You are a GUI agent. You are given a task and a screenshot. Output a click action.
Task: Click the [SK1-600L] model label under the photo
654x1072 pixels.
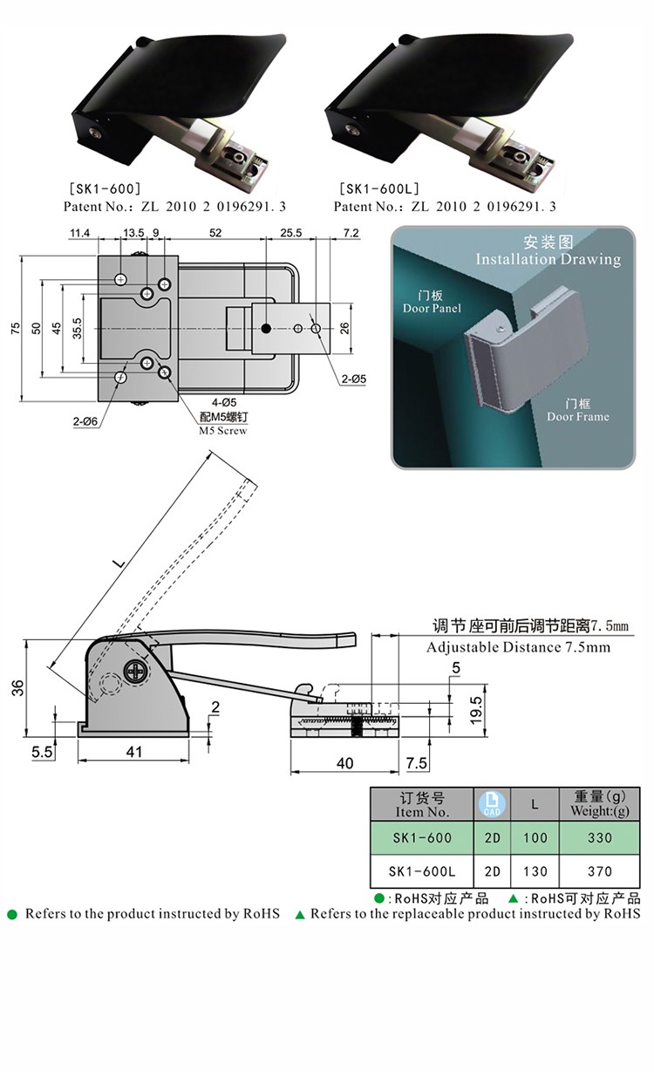coord(378,188)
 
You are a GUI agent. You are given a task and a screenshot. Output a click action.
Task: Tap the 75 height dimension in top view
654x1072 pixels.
coord(14,328)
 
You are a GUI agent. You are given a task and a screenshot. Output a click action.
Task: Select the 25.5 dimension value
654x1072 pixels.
coord(290,233)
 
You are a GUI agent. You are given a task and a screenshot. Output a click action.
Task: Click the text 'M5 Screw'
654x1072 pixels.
coord(222,431)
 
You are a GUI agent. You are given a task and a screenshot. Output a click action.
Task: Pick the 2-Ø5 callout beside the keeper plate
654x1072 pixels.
coord(353,379)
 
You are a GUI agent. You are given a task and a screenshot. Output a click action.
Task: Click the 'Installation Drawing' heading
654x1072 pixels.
coord(548,259)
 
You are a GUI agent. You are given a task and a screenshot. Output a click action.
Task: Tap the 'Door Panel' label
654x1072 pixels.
coord(432,308)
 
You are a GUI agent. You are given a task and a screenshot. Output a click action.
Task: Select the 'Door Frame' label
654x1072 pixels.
coord(577,416)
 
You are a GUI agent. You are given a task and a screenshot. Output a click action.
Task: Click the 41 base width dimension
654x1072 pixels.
coord(133,752)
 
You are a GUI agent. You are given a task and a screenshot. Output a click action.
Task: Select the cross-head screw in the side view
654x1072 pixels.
coord(138,671)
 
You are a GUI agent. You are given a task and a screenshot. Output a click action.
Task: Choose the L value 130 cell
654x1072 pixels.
coord(535,871)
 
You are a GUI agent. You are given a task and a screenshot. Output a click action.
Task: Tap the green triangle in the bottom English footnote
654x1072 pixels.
coord(300,915)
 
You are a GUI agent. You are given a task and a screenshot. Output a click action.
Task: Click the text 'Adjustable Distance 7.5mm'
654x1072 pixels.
coord(518,647)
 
